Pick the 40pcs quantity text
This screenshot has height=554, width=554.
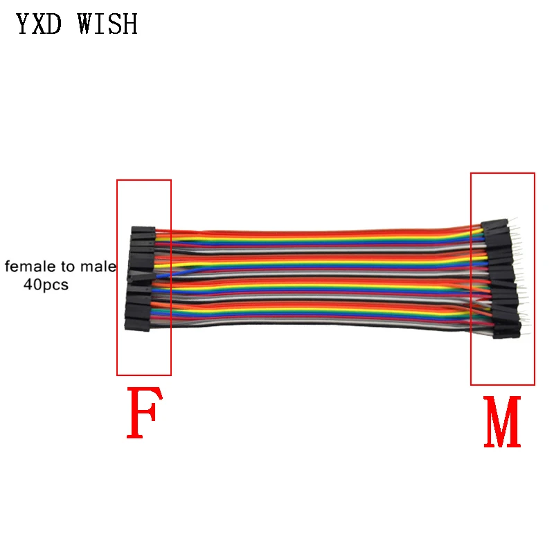point(46,285)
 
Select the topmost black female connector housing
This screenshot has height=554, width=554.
point(142,230)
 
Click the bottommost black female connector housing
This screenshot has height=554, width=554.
point(136,324)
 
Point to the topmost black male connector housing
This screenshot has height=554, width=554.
point(496,225)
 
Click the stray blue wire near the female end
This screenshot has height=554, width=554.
point(163,274)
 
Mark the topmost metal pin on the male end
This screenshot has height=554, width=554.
point(515,223)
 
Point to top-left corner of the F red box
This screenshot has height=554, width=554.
point(117,180)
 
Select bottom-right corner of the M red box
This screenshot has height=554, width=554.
point(535,385)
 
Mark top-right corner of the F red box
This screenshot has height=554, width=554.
point(170,180)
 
